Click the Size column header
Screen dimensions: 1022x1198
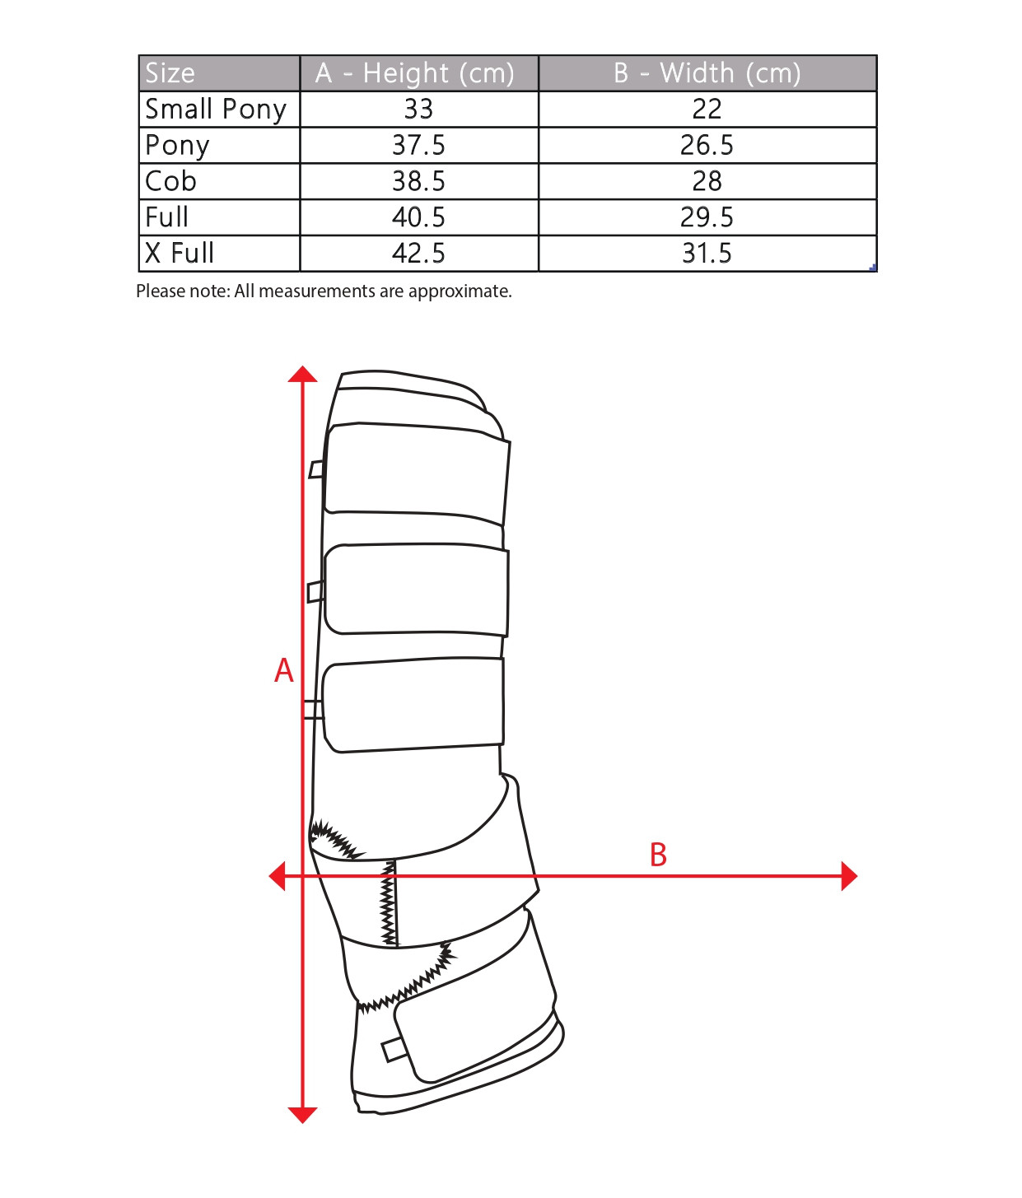pos(170,73)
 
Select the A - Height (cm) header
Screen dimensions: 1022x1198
pos(414,73)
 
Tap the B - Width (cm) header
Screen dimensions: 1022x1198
pos(707,73)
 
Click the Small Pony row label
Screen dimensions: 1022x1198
pos(216,110)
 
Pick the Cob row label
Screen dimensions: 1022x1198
pos(170,181)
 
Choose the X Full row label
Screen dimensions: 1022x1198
pos(180,254)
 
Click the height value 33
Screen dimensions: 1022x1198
pos(418,109)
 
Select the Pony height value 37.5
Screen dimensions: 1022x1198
pos(418,145)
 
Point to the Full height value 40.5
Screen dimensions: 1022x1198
pos(418,217)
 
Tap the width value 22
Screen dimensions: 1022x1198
pos(707,109)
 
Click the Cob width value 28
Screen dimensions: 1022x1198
pos(707,181)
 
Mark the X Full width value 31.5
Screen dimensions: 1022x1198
pos(707,254)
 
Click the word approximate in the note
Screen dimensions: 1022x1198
pos(460,291)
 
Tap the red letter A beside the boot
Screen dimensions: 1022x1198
pos(283,671)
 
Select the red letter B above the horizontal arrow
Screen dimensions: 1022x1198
pos(659,855)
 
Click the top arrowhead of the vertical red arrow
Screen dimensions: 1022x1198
pos(302,374)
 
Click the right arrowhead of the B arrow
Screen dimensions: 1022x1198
pos(849,876)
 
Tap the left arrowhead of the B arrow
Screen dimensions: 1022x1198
pos(277,876)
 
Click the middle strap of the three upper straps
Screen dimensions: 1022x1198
pos(416,589)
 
